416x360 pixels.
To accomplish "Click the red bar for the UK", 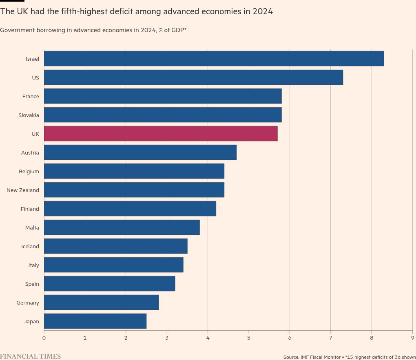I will (161, 134).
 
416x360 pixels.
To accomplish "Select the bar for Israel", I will (214, 59).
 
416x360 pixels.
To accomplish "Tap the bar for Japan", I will (95, 321).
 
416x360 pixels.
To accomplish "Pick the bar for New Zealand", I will (134, 190).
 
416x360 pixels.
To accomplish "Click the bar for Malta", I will (122, 227).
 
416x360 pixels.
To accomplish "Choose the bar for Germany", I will (101, 303).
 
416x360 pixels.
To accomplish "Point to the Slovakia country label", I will (29, 115).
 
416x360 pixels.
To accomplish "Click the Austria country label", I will (30, 152).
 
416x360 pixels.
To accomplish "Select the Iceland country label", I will (30, 246).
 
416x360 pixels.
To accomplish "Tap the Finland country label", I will (30, 209).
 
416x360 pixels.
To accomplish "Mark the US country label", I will (35, 77).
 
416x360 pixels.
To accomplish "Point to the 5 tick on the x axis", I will (249, 338).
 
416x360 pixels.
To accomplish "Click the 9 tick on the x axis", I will (412, 338).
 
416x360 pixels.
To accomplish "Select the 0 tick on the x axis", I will (44, 338).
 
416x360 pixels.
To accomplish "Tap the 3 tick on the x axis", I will (167, 338).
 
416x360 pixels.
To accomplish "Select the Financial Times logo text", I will (31, 356).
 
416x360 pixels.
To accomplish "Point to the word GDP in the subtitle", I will (177, 30).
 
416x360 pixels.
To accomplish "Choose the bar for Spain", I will (109, 284).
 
